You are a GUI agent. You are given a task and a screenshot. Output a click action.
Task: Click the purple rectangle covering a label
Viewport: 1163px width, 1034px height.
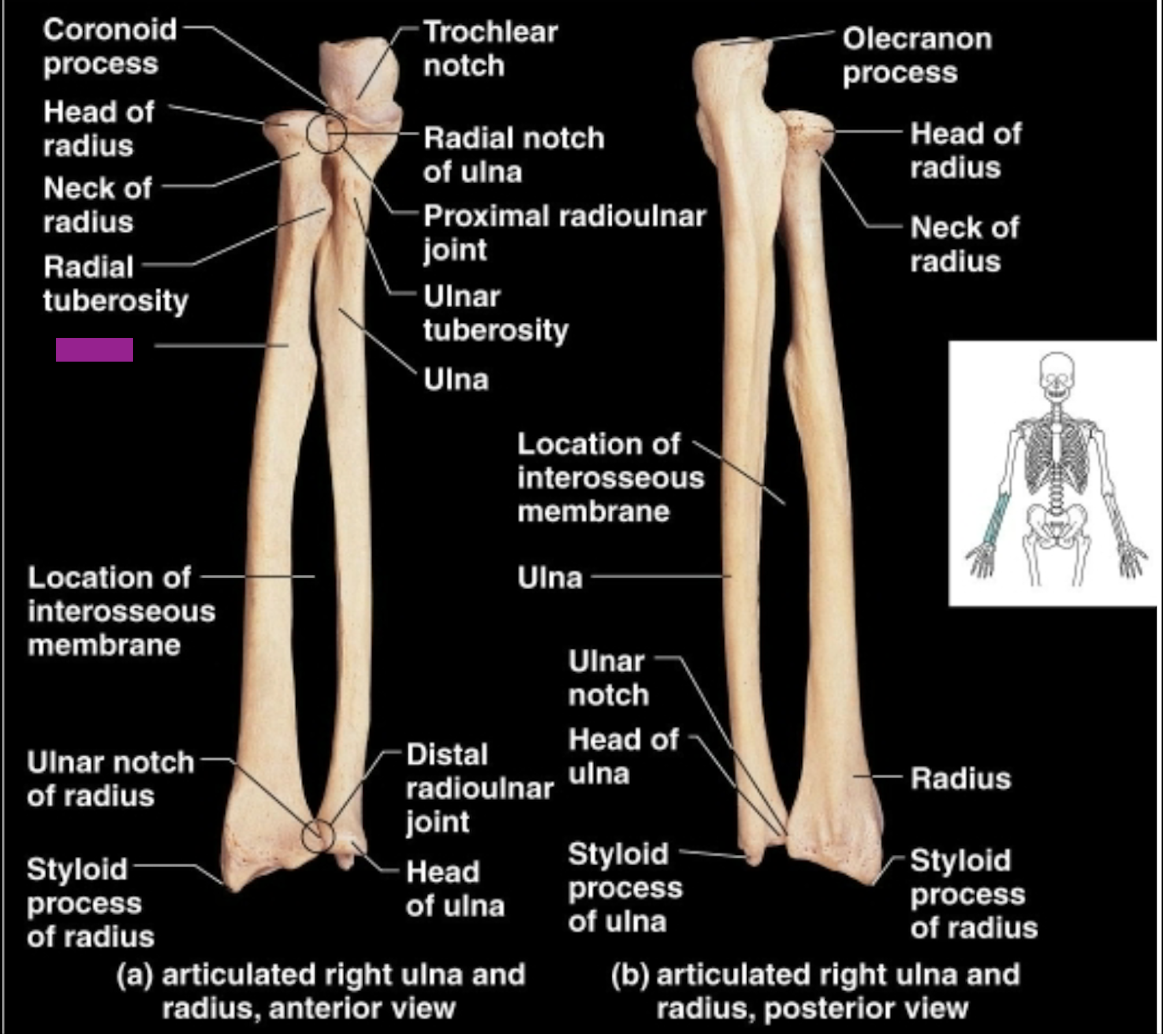pyautogui.click(x=94, y=349)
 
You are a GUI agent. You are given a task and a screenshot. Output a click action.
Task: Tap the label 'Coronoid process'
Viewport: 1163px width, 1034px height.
pyautogui.click(x=109, y=46)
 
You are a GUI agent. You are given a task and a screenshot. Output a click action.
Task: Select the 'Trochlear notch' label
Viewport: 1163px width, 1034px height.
pyautogui.click(x=490, y=49)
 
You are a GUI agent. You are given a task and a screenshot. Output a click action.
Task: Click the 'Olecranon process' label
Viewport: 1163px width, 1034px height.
pyautogui.click(x=916, y=55)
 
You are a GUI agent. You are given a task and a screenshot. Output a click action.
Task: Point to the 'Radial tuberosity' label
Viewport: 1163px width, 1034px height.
pyautogui.click(x=115, y=284)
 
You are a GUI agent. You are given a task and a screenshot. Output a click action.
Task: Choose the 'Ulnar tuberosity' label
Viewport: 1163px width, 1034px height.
pyautogui.click(x=495, y=313)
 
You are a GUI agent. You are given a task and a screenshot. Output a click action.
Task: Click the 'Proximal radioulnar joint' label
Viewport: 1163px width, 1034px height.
pyautogui.click(x=564, y=233)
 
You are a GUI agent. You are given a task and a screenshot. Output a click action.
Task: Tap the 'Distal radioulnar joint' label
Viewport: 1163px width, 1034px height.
pyautogui.click(x=479, y=788)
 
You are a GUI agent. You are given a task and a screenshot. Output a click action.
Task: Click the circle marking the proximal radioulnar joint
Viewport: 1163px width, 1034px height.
pyautogui.click(x=326, y=133)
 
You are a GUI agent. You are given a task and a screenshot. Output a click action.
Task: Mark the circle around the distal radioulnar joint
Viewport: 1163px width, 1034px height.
pyautogui.click(x=318, y=836)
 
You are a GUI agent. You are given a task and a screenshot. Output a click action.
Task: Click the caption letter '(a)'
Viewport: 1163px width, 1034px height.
pyautogui.click(x=135, y=975)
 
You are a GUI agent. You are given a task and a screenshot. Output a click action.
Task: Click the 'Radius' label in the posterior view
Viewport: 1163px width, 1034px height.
pyautogui.click(x=960, y=778)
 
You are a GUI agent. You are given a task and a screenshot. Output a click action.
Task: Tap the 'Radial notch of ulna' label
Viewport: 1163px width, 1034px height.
pyautogui.click(x=513, y=155)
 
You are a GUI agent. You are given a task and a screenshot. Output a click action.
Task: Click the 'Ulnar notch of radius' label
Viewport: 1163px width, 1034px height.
pyautogui.click(x=110, y=779)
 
